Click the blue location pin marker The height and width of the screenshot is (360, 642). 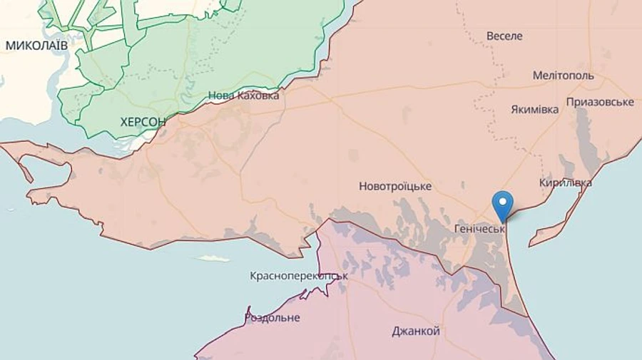click(504, 205)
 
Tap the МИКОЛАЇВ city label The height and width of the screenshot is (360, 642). click(36, 45)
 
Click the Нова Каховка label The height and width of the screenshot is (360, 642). click(243, 96)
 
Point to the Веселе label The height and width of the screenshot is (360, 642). click(504, 36)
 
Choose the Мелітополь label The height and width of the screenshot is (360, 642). click(564, 75)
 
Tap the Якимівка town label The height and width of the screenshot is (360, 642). click(535, 110)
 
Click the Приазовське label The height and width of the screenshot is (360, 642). click(600, 102)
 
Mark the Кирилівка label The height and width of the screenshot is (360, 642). click(566, 183)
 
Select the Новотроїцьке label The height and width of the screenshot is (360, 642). click(395, 186)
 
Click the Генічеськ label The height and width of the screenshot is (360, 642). click(479, 230)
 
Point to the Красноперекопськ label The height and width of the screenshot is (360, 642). click(299, 275)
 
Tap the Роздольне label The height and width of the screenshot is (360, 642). click(272, 317)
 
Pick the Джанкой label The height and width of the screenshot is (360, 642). click(416, 331)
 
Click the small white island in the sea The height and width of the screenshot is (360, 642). click(213, 258)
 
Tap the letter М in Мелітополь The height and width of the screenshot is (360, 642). click(537, 75)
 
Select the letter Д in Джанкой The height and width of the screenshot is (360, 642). click(396, 331)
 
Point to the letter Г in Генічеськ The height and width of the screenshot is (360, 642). click(457, 230)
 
